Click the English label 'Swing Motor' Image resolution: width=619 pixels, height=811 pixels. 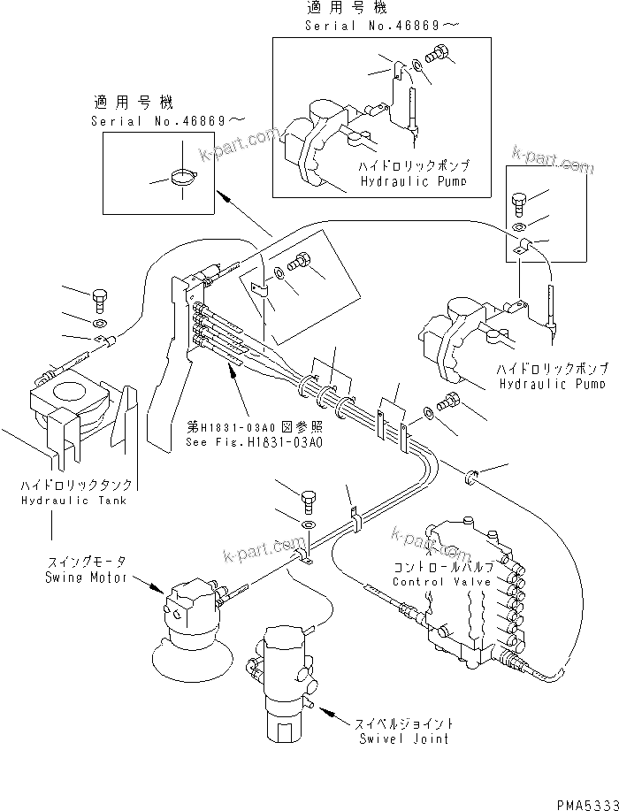86,578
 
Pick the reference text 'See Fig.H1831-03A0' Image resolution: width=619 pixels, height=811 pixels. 255,442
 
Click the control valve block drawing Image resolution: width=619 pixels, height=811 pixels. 469,601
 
